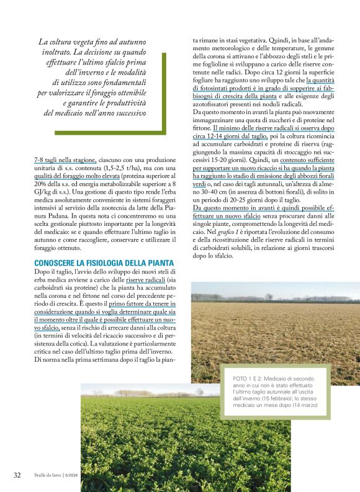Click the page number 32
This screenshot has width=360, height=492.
(x=17, y=475)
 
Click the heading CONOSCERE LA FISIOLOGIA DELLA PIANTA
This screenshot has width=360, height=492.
(x=104, y=264)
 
